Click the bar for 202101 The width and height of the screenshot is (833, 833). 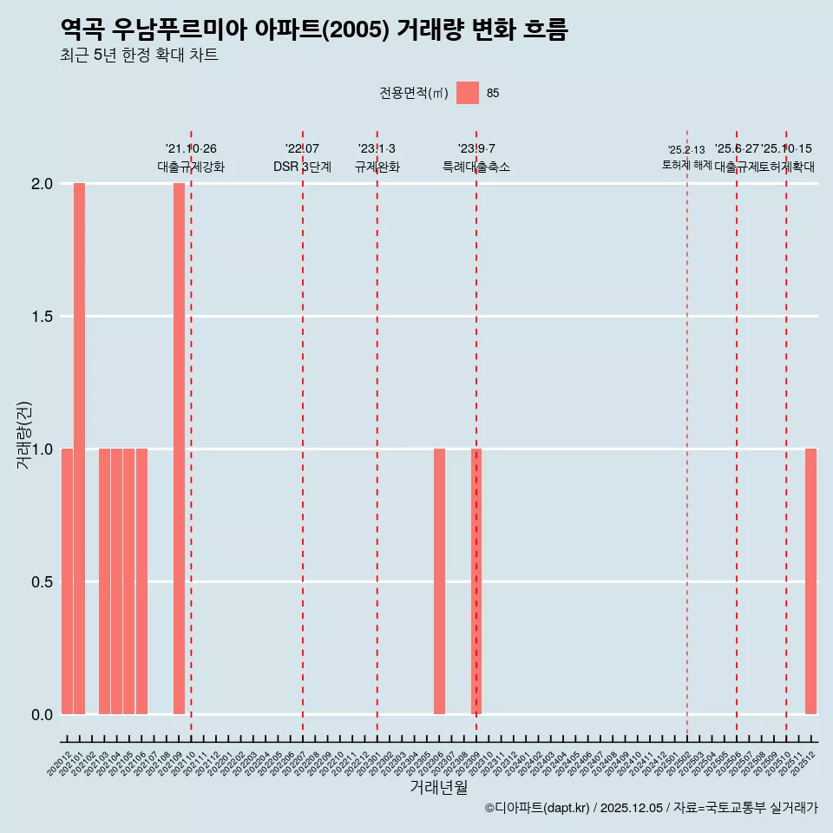coord(79,449)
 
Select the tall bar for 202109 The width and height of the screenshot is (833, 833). coord(179,449)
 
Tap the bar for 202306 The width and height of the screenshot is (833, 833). coord(439,581)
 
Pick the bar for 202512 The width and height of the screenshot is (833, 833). coord(810,581)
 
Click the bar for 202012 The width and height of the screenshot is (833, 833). coord(67,581)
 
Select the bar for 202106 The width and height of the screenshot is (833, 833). coord(141,581)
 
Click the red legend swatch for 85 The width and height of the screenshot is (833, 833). coord(468,93)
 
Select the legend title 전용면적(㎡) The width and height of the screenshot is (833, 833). coord(414,93)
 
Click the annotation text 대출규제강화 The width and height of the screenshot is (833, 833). coord(191,167)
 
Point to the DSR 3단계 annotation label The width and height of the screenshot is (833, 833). coord(302,167)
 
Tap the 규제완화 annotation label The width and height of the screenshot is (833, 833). coord(377,167)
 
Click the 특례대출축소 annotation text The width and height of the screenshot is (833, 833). coord(476,167)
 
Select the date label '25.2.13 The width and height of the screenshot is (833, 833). coord(686,150)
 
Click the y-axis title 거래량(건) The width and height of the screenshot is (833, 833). coord(24,435)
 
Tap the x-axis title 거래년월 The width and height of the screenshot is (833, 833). coord(438,788)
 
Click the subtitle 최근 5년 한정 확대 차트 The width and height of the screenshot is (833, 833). coord(139,56)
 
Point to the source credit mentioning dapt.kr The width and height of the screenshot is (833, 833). coord(651,808)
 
